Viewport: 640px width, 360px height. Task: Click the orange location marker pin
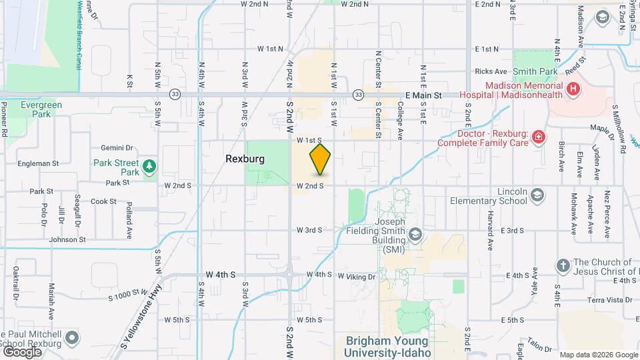[320, 159]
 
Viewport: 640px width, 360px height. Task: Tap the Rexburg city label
[245, 160]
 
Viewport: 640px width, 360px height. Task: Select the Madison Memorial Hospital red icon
[571, 89]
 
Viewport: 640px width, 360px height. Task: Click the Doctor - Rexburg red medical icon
[538, 137]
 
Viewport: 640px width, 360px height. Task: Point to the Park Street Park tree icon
[151, 164]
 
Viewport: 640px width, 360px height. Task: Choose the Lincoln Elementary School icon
[537, 196]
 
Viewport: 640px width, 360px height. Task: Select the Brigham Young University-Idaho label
[388, 346]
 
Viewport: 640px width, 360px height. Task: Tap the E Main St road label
[418, 95]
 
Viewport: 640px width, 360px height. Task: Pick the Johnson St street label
[67, 239]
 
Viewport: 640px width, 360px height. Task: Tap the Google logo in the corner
[21, 351]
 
